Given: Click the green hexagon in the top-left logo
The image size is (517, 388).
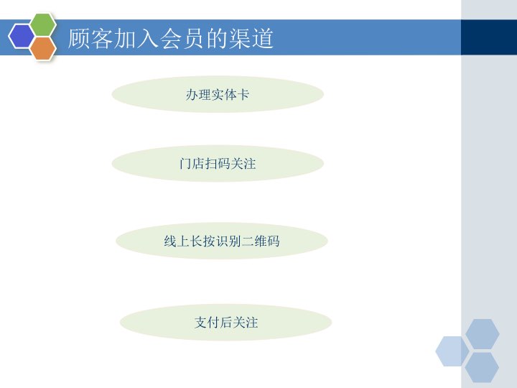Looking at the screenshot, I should [43, 25].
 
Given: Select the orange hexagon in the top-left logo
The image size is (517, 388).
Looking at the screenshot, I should [43, 47].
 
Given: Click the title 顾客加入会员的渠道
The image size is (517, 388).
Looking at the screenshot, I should [171, 38].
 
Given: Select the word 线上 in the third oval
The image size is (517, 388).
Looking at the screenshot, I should [175, 241].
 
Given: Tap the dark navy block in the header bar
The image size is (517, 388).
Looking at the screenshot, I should [488, 37].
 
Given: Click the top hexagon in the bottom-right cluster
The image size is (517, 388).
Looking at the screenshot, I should [482, 334].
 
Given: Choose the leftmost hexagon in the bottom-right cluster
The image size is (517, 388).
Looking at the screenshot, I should [452, 351].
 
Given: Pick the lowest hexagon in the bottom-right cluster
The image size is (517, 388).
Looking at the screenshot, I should [482, 367].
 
